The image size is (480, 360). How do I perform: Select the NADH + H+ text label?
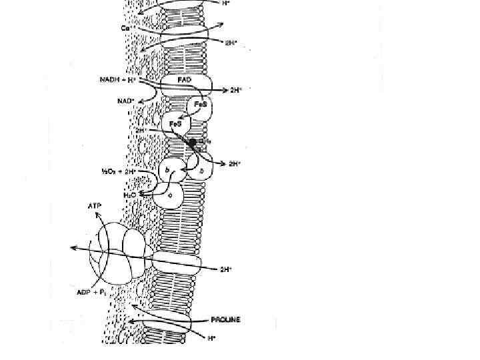point(119,81)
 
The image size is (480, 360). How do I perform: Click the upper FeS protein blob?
point(199,106)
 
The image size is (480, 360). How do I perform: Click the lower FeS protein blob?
point(177,124)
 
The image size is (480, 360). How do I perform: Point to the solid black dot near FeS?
point(193,142)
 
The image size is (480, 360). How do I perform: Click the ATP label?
point(95,207)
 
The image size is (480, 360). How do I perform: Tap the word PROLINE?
point(225,320)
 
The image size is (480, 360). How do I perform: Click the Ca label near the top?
point(126,28)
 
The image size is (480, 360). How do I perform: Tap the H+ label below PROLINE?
point(211,339)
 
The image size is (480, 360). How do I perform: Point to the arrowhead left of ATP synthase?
point(72,248)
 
